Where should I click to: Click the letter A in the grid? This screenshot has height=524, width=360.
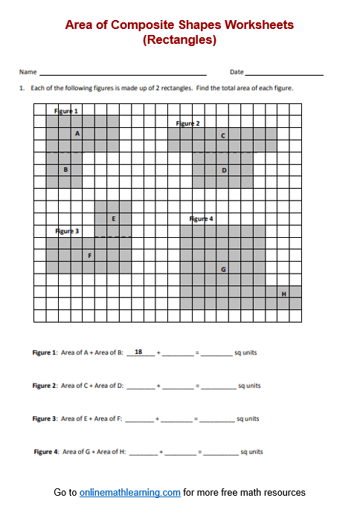click(77, 134)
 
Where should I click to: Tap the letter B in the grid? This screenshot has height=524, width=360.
click(65, 169)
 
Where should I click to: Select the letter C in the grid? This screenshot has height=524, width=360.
click(223, 136)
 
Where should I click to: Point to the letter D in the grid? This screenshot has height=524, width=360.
click(224, 170)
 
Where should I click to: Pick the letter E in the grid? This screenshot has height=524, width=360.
click(113, 219)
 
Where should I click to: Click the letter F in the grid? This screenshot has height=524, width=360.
click(89, 256)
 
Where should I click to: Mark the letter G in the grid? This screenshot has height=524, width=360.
click(223, 268)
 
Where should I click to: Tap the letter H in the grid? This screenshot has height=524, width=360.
click(283, 294)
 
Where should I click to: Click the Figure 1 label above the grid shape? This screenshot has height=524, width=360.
click(66, 111)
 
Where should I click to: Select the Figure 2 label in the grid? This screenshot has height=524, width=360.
click(187, 123)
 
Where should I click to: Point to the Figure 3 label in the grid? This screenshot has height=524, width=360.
click(67, 231)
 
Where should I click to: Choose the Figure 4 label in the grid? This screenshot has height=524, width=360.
click(201, 219)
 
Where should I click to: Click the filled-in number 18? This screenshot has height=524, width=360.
click(138, 351)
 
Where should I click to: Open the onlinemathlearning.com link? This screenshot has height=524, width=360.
click(130, 492)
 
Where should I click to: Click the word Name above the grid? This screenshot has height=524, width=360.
click(28, 72)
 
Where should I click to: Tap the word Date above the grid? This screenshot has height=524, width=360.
click(237, 72)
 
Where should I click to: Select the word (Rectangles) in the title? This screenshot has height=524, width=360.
click(179, 40)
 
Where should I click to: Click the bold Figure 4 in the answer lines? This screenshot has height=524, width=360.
click(44, 452)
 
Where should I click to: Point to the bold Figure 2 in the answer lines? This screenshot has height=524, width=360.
click(44, 386)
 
